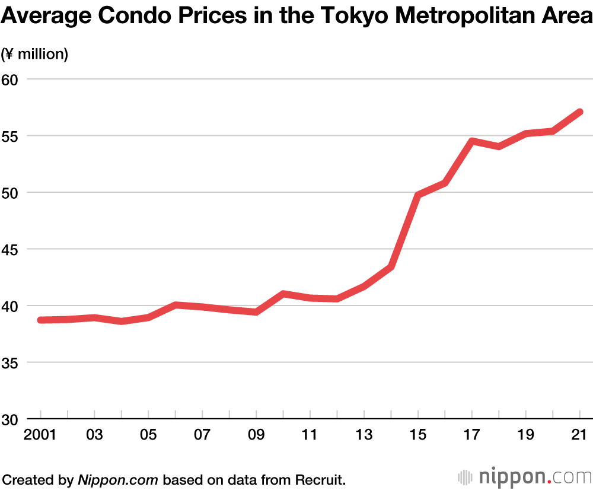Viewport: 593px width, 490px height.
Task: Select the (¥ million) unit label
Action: click(35, 55)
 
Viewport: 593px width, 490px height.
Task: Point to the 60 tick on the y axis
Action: click(11, 79)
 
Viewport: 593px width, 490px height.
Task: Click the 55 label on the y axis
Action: click(11, 136)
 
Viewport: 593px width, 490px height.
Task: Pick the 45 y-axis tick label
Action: click(11, 249)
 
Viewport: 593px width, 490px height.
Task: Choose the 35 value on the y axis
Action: click(11, 362)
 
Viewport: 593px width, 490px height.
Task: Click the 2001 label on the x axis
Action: click(40, 434)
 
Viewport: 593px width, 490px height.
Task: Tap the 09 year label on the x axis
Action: click(256, 434)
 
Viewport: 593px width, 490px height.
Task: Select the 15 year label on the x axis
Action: click(418, 434)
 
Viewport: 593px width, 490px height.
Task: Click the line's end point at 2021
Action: click(580, 112)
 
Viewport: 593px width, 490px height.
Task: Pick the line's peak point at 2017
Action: click(472, 141)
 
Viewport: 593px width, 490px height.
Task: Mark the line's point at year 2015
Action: click(418, 195)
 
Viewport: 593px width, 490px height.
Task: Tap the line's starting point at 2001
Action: click(40, 320)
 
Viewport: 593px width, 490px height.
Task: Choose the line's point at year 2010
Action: click(283, 294)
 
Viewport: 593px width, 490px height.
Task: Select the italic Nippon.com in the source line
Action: click(119, 479)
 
